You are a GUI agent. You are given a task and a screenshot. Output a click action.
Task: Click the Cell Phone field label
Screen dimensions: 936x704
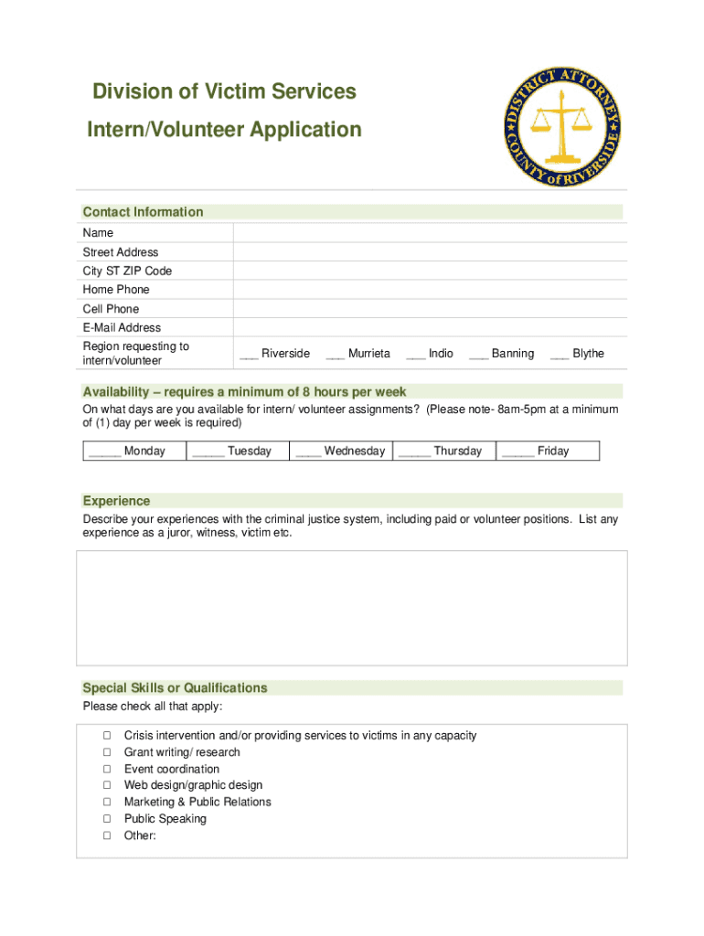coord(111,309)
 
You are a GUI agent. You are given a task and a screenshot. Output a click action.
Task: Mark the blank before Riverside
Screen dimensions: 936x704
coord(249,355)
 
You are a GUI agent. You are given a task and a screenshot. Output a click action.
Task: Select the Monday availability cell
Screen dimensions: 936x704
coord(133,451)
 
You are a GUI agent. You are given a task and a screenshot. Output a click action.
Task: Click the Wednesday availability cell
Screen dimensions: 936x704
coord(341,451)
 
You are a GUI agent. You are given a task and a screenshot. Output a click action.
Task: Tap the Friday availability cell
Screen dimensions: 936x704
coord(547,451)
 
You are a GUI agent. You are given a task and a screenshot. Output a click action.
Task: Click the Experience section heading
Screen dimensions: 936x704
coord(116,501)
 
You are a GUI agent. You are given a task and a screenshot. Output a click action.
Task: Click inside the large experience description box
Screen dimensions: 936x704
coord(352,608)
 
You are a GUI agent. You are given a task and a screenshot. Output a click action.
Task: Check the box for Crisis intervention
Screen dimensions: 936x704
coord(107,736)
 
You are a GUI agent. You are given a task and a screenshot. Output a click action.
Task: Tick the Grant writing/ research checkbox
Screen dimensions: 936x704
coord(107,752)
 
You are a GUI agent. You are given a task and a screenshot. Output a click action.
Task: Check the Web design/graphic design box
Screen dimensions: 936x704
coord(107,785)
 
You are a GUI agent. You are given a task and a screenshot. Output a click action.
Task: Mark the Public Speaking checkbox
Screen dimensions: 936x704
coord(107,819)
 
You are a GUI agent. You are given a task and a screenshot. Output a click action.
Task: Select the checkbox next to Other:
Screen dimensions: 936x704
coord(107,835)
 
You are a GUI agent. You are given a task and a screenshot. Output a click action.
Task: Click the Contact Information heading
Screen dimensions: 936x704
coord(143,212)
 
